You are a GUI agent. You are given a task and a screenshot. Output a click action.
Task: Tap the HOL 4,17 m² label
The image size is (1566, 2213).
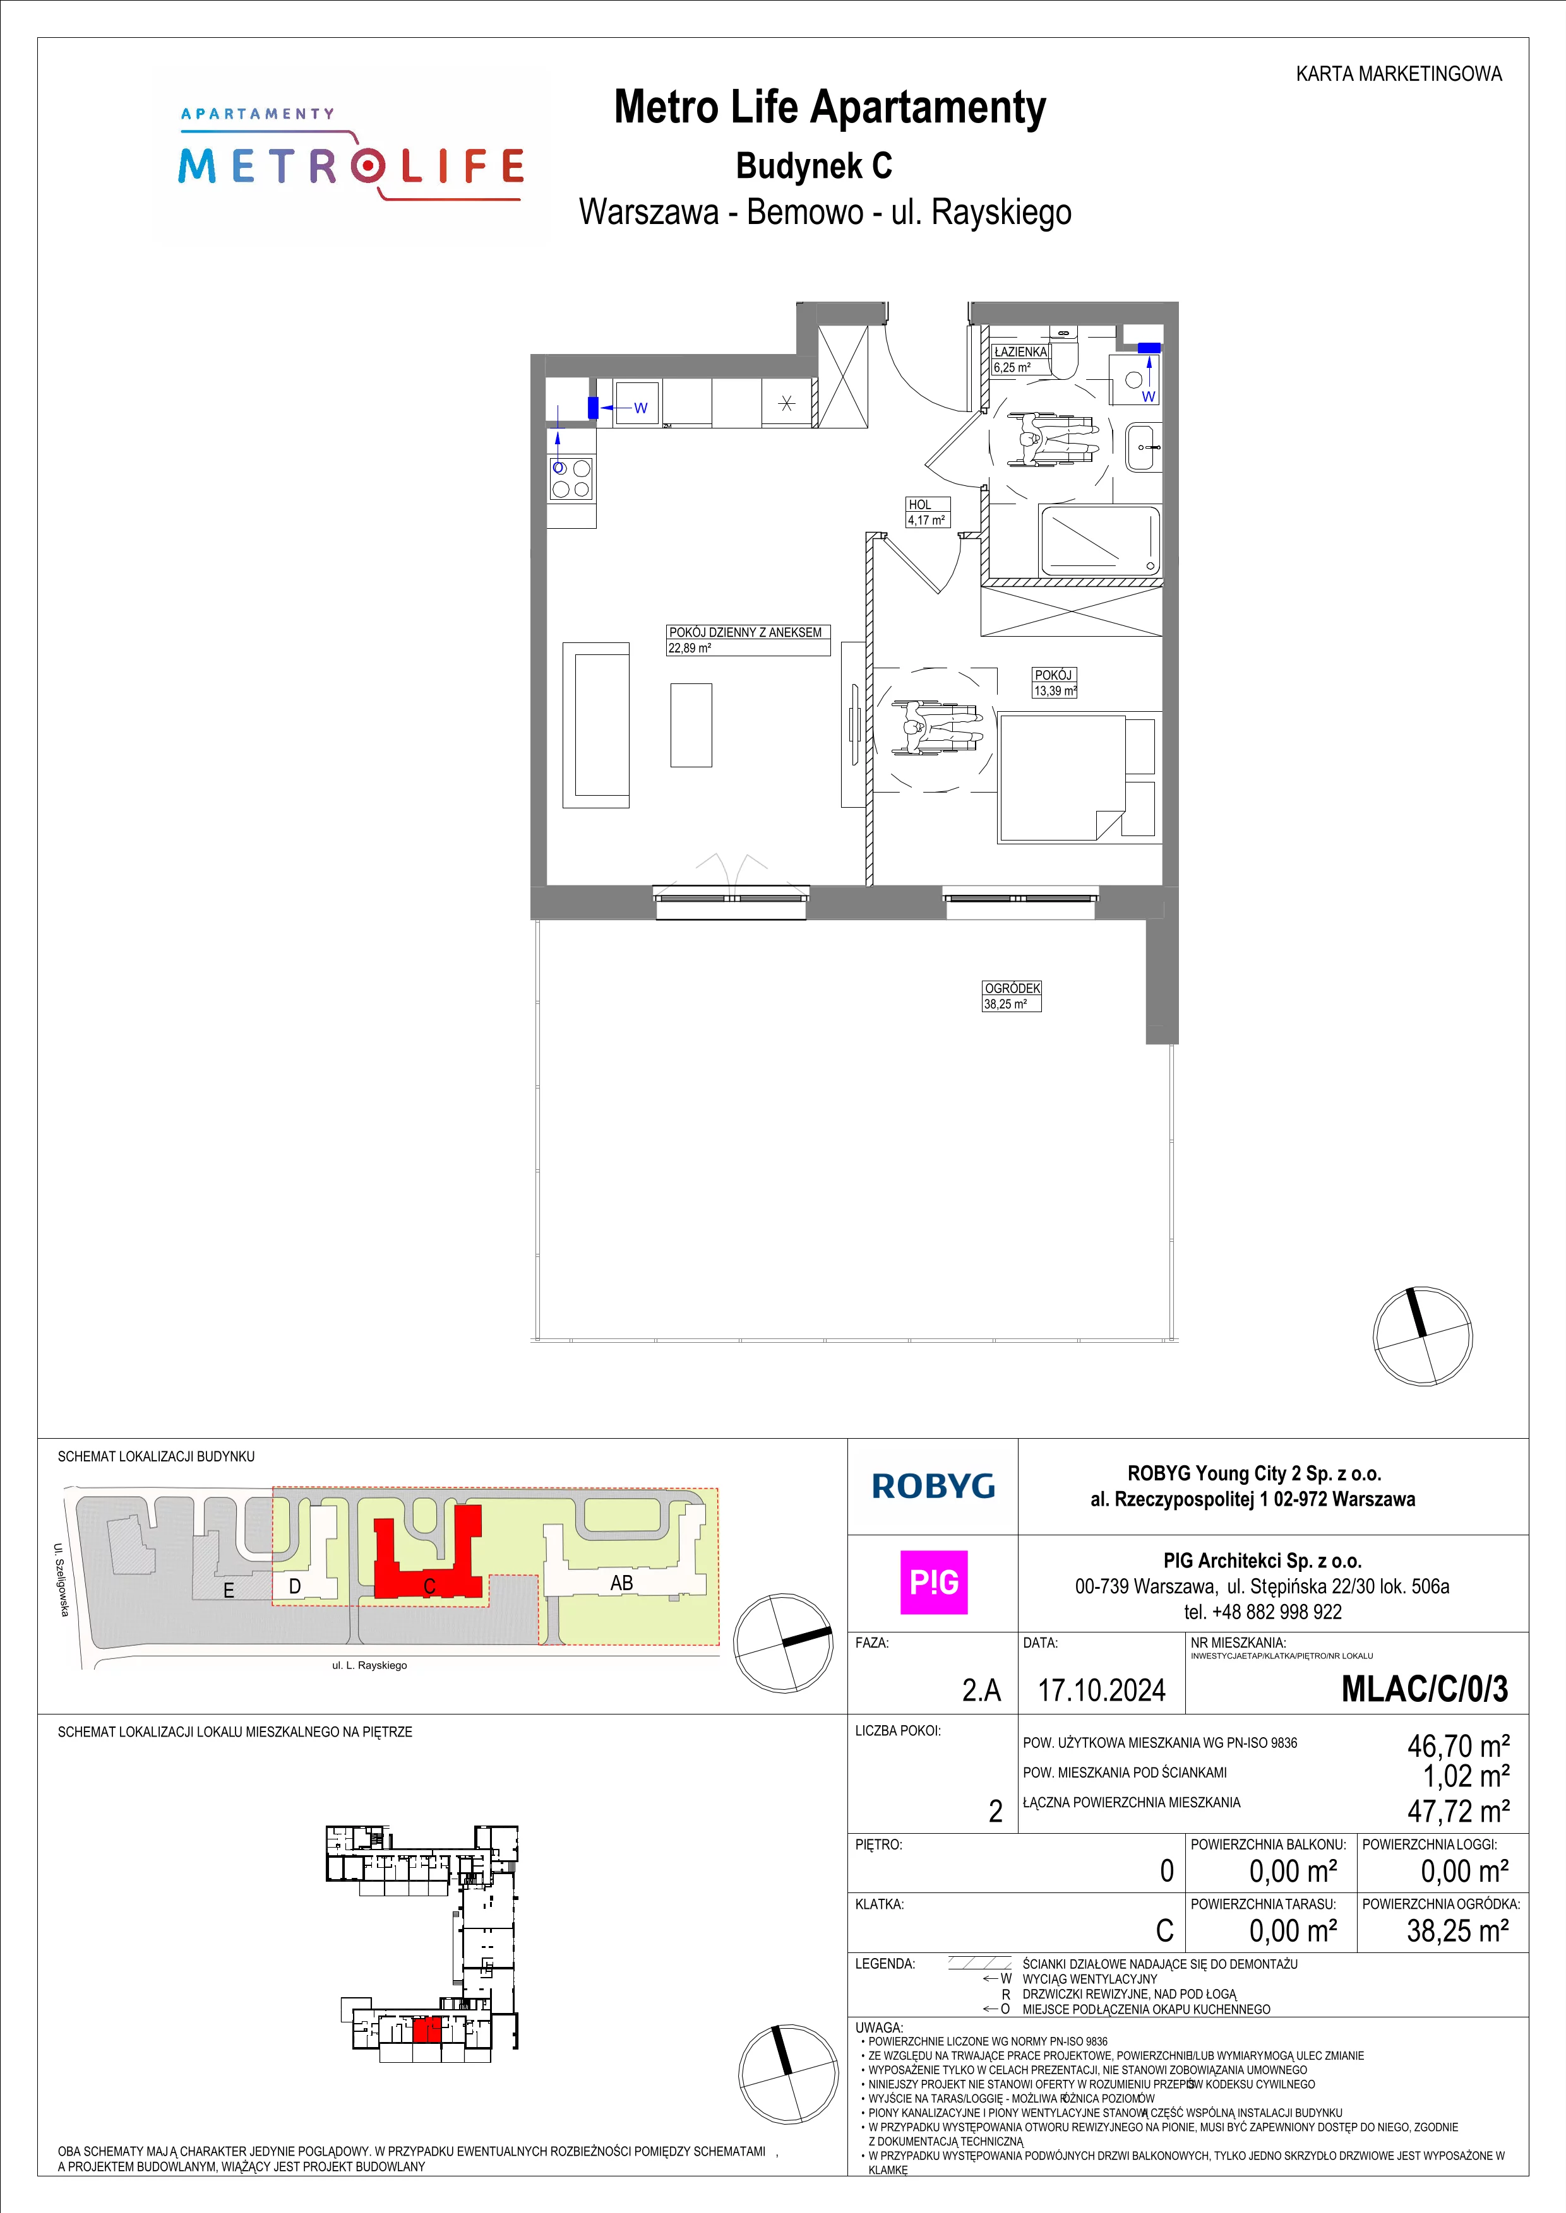[x=928, y=512]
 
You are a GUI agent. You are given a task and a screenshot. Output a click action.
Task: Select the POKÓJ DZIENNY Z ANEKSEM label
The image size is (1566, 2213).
[x=745, y=632]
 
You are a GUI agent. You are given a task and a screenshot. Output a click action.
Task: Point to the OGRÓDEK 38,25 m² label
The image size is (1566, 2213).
[x=1012, y=996]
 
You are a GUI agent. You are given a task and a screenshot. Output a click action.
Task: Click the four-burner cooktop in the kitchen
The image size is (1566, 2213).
[x=570, y=478]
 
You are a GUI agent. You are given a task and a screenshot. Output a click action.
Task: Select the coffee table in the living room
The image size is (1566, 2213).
[x=690, y=725]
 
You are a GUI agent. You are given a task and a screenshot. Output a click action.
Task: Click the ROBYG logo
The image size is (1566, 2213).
[x=933, y=1486]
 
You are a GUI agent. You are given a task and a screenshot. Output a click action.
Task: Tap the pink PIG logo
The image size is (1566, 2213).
[x=933, y=1582]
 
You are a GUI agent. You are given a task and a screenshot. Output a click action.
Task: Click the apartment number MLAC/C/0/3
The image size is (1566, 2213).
[x=1425, y=1689]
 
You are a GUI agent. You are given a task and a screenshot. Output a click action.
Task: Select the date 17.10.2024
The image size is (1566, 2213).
[x=1101, y=1690]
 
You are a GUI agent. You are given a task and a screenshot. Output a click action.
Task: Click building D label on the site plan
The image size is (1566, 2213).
[x=295, y=1586]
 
